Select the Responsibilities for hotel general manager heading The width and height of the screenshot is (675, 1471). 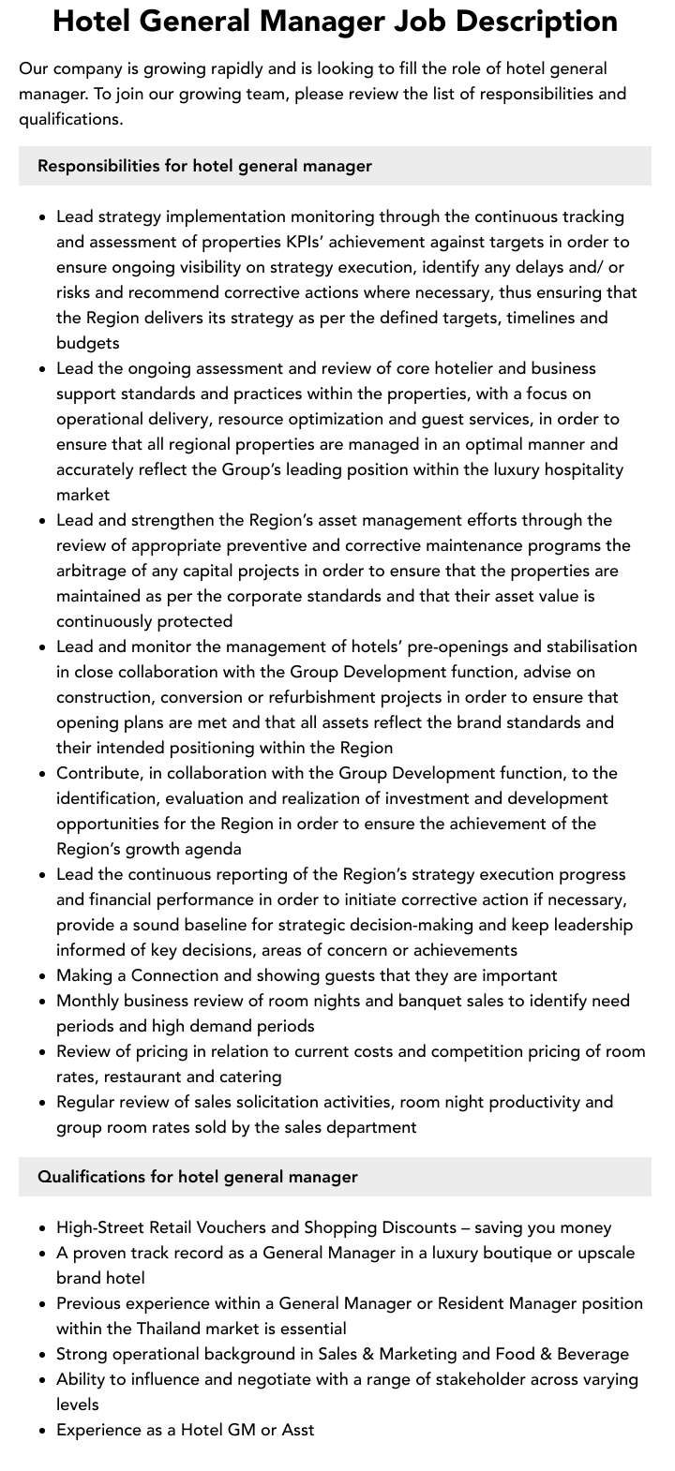(204, 166)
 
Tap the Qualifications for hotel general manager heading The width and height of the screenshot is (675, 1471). (197, 1176)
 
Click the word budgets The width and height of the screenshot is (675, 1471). (87, 343)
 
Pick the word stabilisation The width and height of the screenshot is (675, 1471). (582, 646)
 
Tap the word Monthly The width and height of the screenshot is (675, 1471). (89, 1001)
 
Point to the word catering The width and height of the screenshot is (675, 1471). (251, 1077)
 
